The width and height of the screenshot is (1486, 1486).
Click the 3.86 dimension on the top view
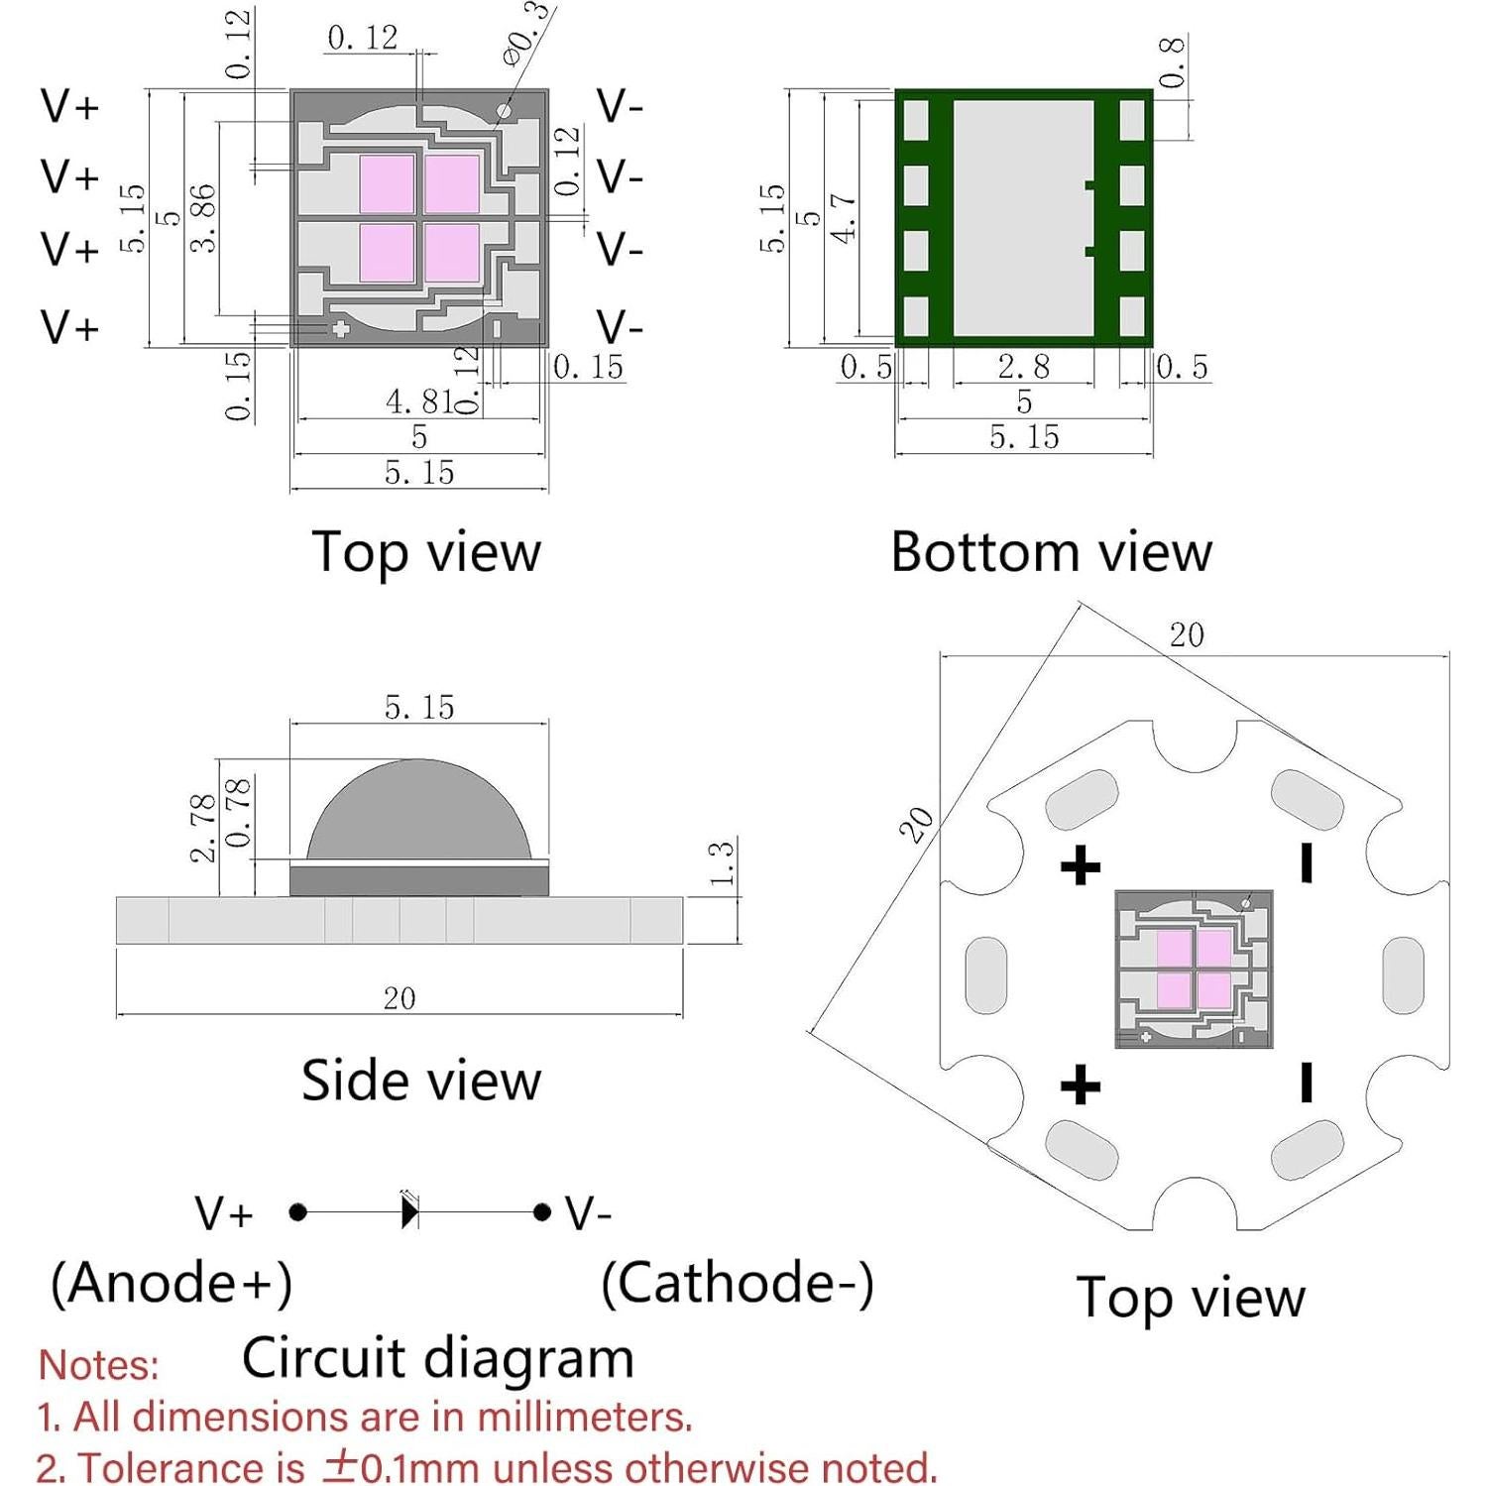click(x=202, y=218)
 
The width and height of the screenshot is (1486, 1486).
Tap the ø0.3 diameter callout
click(x=525, y=35)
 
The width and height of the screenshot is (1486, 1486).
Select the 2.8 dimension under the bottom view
click(x=1023, y=367)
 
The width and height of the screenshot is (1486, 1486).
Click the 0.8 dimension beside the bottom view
click(x=1172, y=62)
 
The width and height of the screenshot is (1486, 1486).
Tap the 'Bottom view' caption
click(x=1051, y=551)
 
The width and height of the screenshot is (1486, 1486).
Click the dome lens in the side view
click(x=418, y=813)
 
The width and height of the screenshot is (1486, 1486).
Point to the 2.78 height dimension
click(x=203, y=828)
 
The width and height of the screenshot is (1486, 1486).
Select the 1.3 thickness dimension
click(x=723, y=862)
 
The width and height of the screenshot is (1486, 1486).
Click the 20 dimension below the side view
click(x=400, y=998)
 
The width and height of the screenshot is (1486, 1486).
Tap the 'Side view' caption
click(x=421, y=1080)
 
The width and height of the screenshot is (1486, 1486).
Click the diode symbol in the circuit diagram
click(x=409, y=1211)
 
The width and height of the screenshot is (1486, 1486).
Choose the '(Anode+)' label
click(x=171, y=1283)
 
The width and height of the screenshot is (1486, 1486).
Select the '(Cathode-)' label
click(x=738, y=1283)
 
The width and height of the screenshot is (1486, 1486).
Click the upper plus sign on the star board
click(x=1081, y=866)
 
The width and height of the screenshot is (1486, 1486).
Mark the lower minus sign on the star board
click(x=1307, y=1083)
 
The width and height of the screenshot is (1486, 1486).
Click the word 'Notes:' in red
click(x=98, y=1365)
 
